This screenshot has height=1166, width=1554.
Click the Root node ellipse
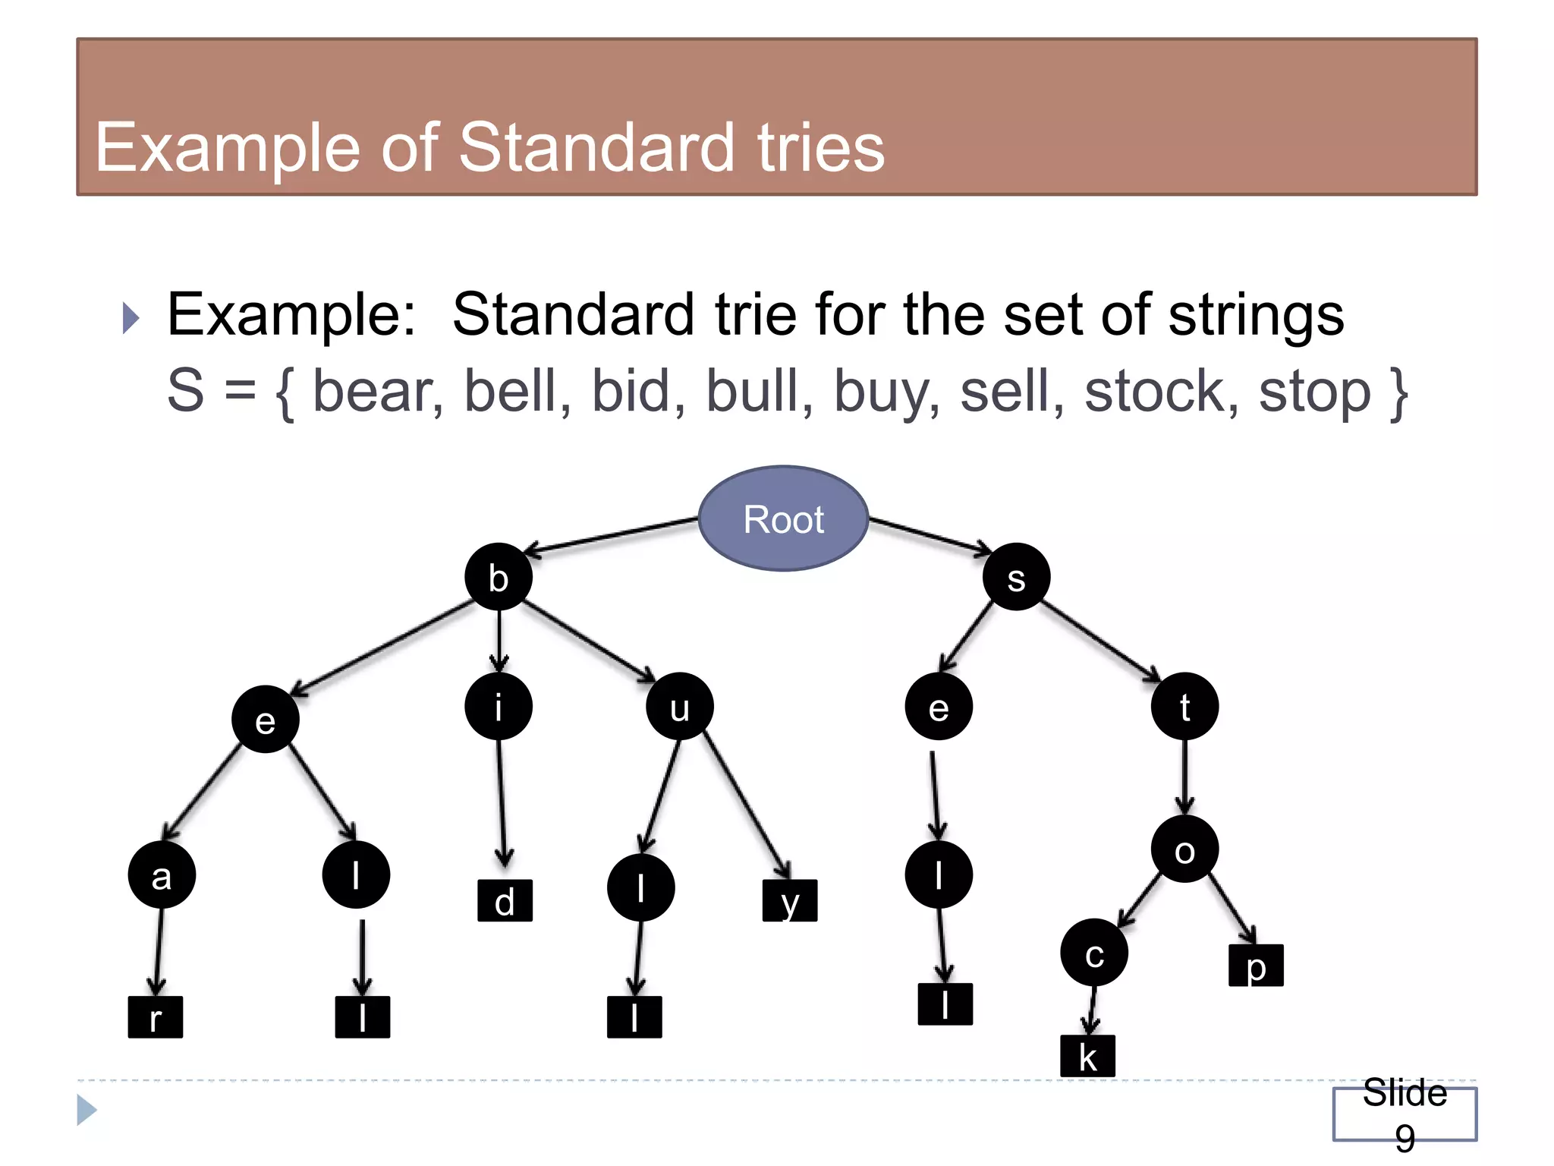(x=783, y=518)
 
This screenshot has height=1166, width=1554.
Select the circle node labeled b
(x=499, y=577)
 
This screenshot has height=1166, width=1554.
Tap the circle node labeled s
(x=1016, y=577)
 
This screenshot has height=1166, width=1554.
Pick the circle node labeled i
(x=499, y=706)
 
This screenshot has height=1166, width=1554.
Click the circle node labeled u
(x=679, y=706)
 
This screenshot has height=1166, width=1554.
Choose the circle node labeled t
(x=1184, y=706)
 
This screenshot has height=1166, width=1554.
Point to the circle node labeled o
(x=1184, y=849)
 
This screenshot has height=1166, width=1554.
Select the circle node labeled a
(x=162, y=874)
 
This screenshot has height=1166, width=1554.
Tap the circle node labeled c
(x=1093, y=953)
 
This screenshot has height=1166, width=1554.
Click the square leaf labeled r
(x=156, y=1017)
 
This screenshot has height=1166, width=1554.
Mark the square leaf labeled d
(x=505, y=901)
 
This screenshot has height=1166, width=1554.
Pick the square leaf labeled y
(x=790, y=901)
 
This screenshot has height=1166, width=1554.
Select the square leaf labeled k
(x=1087, y=1056)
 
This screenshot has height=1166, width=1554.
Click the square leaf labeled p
(x=1256, y=966)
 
